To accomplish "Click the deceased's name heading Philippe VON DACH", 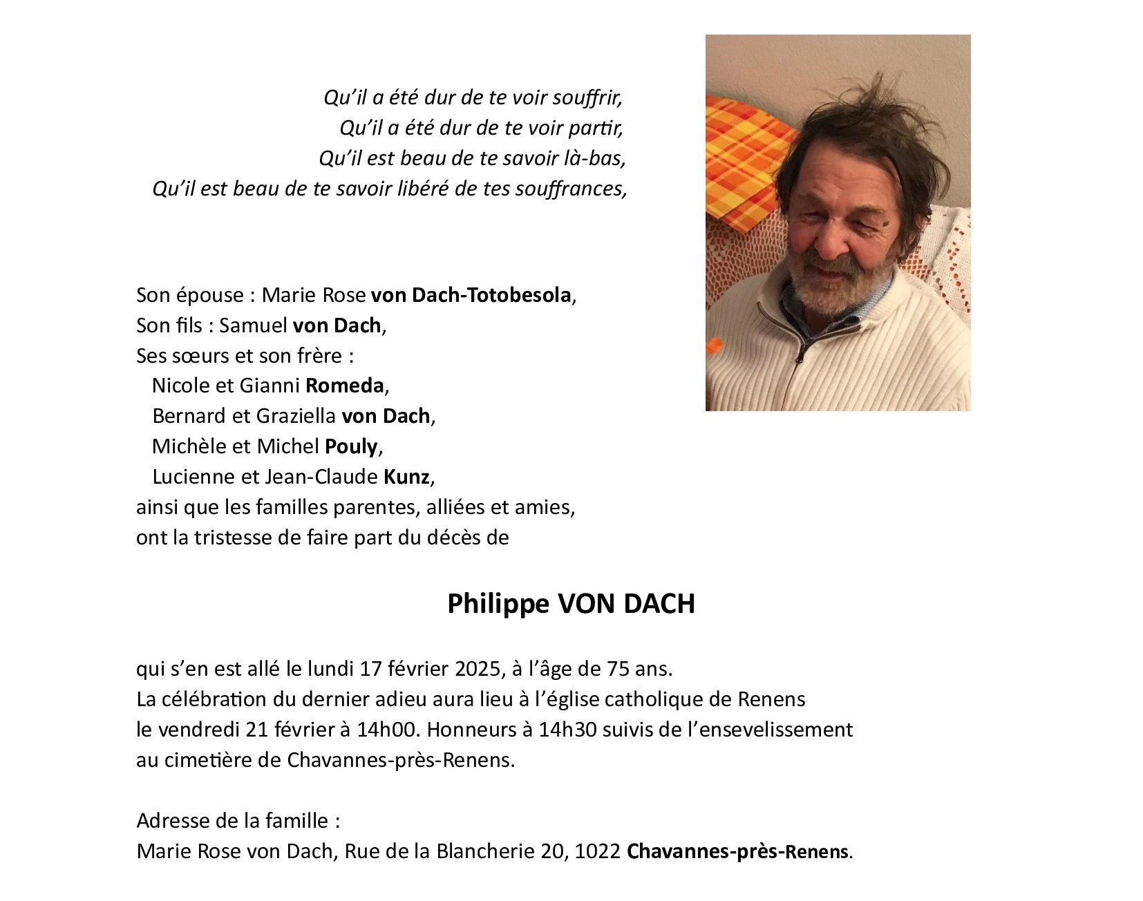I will point(571,604).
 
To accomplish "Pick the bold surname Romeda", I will point(344,386).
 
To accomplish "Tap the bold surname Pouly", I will point(351,446).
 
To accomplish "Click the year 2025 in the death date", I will point(478,669).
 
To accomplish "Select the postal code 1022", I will point(598,851).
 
